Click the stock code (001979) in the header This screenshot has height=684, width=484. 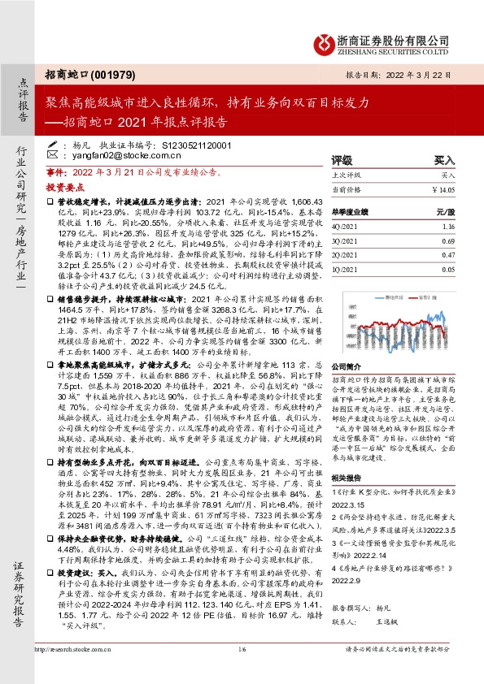coord(107,73)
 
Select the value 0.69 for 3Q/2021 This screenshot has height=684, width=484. coord(447,242)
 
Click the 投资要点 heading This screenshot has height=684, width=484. coord(66,185)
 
